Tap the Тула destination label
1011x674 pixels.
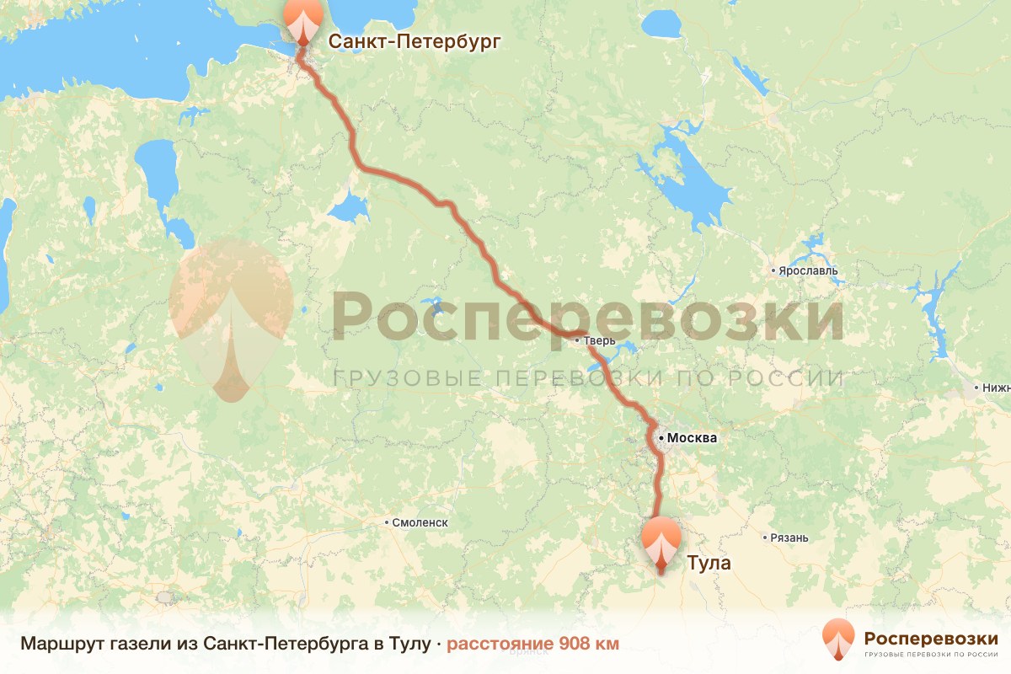tap(709, 563)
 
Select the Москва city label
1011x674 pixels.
tap(692, 438)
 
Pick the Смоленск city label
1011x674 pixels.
tap(420, 522)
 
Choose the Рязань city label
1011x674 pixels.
tap(789, 538)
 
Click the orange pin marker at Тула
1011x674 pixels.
tap(661, 541)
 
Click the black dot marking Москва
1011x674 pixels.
tap(662, 438)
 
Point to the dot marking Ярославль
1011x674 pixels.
tap(773, 271)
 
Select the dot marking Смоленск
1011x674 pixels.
tap(388, 522)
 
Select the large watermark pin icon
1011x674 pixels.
tap(231, 316)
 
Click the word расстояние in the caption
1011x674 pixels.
tap(500, 644)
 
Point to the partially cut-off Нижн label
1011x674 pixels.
tap(995, 388)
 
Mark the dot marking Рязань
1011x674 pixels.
tap(763, 538)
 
